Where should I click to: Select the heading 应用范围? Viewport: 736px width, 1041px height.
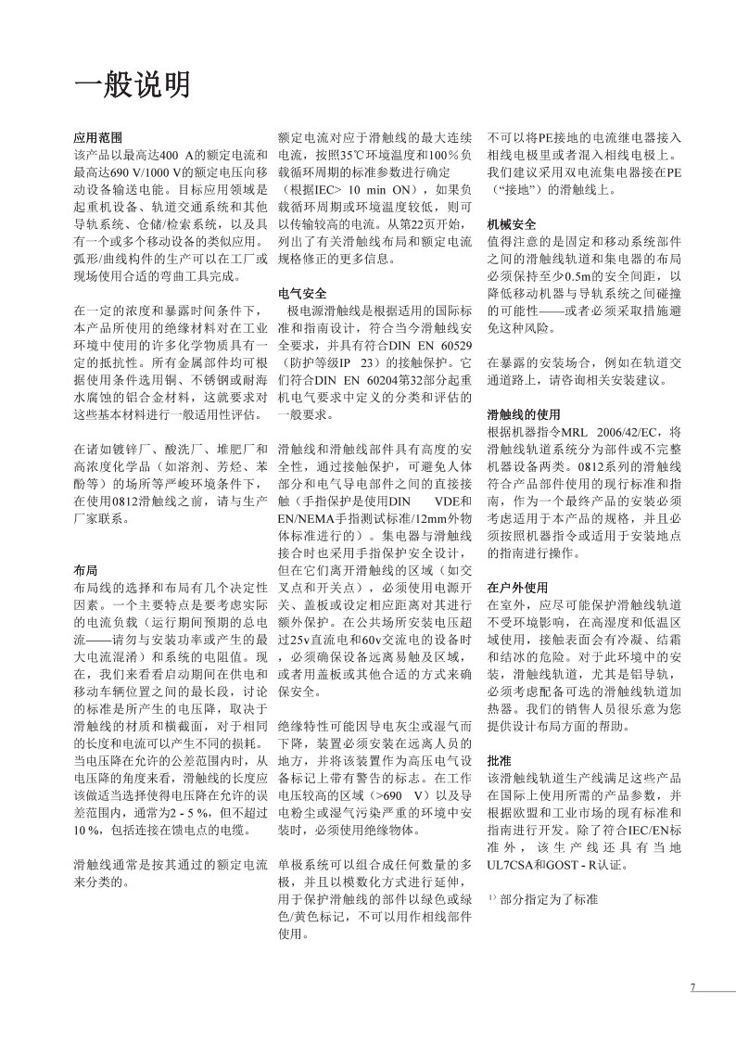tap(97, 136)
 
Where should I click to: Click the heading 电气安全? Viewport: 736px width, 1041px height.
tap(302, 293)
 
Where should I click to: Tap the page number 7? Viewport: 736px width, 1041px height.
tap(692, 986)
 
